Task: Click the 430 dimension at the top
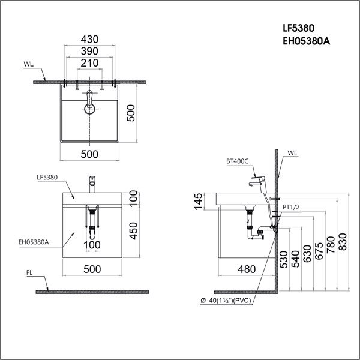coord(89,39)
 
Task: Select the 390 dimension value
coord(89,51)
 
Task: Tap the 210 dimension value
coord(89,63)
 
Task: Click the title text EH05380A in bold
coord(306,41)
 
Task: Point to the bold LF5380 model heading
coord(298,28)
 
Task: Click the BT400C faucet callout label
coord(238,161)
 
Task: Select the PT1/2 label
coord(291,207)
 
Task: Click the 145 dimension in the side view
coord(199,202)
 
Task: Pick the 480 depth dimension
coord(247,269)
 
